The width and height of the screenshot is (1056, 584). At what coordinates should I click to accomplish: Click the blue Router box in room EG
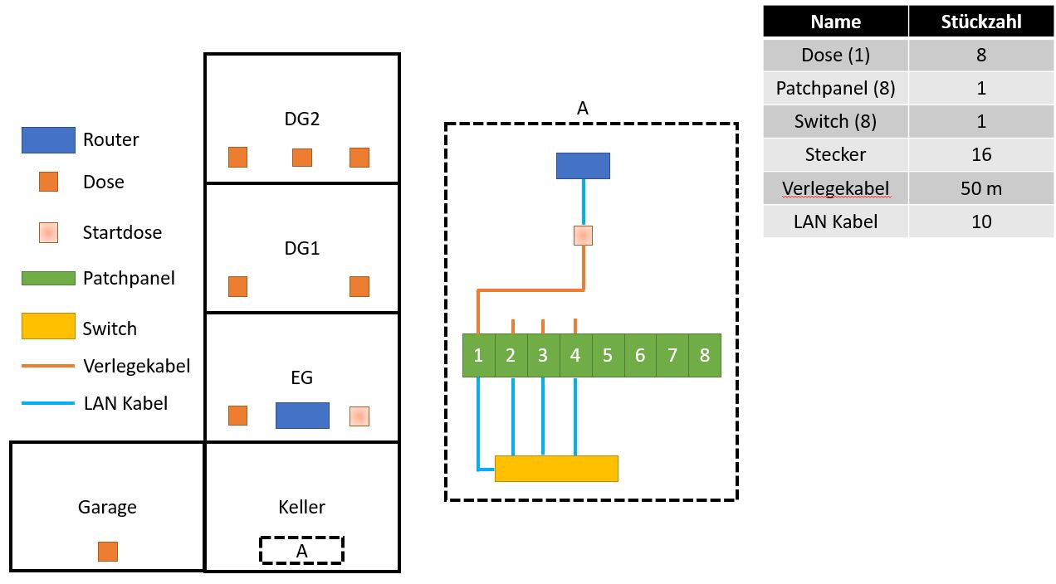click(x=302, y=416)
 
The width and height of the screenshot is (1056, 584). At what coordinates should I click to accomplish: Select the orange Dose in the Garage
click(x=108, y=552)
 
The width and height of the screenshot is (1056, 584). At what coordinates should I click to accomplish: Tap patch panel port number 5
click(x=608, y=356)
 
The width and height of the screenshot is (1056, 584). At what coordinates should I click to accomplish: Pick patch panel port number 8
click(x=705, y=356)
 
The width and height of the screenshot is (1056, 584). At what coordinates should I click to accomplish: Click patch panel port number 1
click(x=478, y=356)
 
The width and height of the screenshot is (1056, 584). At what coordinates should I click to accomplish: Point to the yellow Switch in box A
click(x=556, y=469)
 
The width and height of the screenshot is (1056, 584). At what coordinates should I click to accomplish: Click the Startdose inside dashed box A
click(x=583, y=236)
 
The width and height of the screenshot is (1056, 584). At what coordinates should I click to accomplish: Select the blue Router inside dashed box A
click(x=583, y=166)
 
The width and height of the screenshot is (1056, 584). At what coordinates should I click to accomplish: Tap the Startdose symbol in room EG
click(x=359, y=416)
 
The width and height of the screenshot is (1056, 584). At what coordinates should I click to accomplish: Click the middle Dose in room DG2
click(x=302, y=158)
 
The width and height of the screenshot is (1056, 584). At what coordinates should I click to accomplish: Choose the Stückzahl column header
click(x=981, y=22)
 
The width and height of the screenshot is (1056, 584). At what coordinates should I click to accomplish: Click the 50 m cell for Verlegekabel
click(x=981, y=188)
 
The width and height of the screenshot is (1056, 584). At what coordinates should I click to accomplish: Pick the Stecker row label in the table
click(x=835, y=154)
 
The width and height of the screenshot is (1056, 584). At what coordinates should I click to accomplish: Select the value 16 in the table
click(x=981, y=154)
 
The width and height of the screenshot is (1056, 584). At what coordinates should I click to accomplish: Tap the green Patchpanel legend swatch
click(x=48, y=279)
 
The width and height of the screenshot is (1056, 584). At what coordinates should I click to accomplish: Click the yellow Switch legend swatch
click(x=48, y=326)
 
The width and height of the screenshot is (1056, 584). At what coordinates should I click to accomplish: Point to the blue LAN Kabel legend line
click(x=48, y=404)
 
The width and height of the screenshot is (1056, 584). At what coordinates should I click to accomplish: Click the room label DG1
click(x=302, y=248)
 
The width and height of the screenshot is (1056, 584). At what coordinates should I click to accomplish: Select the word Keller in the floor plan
click(x=302, y=507)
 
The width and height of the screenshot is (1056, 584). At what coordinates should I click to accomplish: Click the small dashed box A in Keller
click(x=301, y=550)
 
